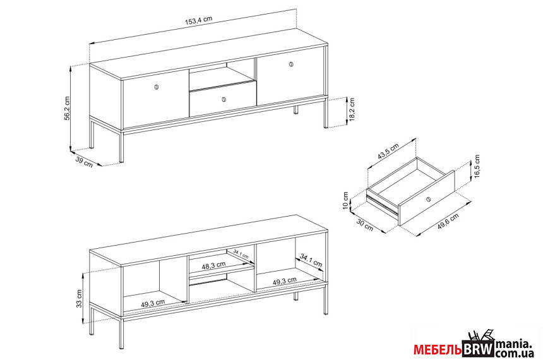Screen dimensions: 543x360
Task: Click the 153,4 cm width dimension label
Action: [x=198, y=21]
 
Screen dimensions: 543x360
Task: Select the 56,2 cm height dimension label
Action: [x=67, y=109]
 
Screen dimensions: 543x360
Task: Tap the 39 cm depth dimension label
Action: [x=84, y=162]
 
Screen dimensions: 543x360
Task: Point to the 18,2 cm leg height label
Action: [x=352, y=109]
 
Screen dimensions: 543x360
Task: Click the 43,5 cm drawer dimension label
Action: [x=388, y=151]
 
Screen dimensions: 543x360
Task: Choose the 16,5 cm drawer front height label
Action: [x=477, y=166]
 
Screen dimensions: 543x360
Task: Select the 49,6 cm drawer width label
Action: [x=448, y=222]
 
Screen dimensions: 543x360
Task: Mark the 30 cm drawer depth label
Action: [x=365, y=225]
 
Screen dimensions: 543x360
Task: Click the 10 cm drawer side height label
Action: [x=345, y=201]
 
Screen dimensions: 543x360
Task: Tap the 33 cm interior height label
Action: [x=80, y=299]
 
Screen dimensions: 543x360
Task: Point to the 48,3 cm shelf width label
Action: [x=213, y=265]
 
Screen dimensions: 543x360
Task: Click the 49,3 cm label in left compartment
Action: [x=153, y=304]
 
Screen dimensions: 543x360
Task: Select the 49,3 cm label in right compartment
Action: [x=284, y=280]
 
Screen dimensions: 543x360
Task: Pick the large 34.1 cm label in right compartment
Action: [x=311, y=260]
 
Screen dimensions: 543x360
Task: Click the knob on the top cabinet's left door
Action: [x=156, y=87]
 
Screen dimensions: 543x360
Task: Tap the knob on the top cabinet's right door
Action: [x=291, y=64]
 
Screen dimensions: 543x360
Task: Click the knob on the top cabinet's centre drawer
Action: [x=224, y=99]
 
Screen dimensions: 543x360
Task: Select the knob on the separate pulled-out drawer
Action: [x=428, y=199]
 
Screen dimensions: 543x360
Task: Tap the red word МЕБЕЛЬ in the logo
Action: [x=438, y=350]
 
